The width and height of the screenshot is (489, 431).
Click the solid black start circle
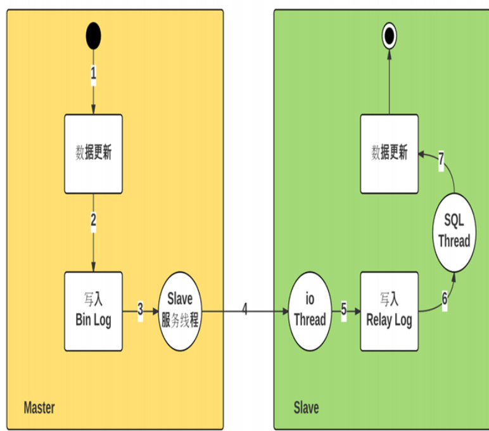(x=93, y=36)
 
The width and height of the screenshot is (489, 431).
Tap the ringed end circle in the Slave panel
(x=389, y=36)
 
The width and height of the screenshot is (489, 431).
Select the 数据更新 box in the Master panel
(x=93, y=154)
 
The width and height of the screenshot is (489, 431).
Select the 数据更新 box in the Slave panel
(x=389, y=154)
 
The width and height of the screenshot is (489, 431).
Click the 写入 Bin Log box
(x=93, y=311)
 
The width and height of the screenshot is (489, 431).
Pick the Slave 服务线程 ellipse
(x=180, y=311)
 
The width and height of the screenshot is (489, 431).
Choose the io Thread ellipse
(x=310, y=311)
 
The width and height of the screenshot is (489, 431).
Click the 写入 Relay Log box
(x=389, y=311)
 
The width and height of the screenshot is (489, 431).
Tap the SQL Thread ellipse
(x=454, y=233)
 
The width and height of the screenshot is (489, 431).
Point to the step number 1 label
(x=93, y=74)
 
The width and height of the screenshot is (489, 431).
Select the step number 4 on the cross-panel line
(x=244, y=309)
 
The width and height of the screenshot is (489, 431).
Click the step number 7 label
(x=441, y=159)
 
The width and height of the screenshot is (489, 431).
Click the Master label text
(x=39, y=408)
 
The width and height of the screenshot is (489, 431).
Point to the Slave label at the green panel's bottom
(x=306, y=408)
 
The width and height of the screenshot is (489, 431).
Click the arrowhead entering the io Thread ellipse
(x=285, y=311)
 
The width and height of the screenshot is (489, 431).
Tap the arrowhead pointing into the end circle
(x=389, y=55)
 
